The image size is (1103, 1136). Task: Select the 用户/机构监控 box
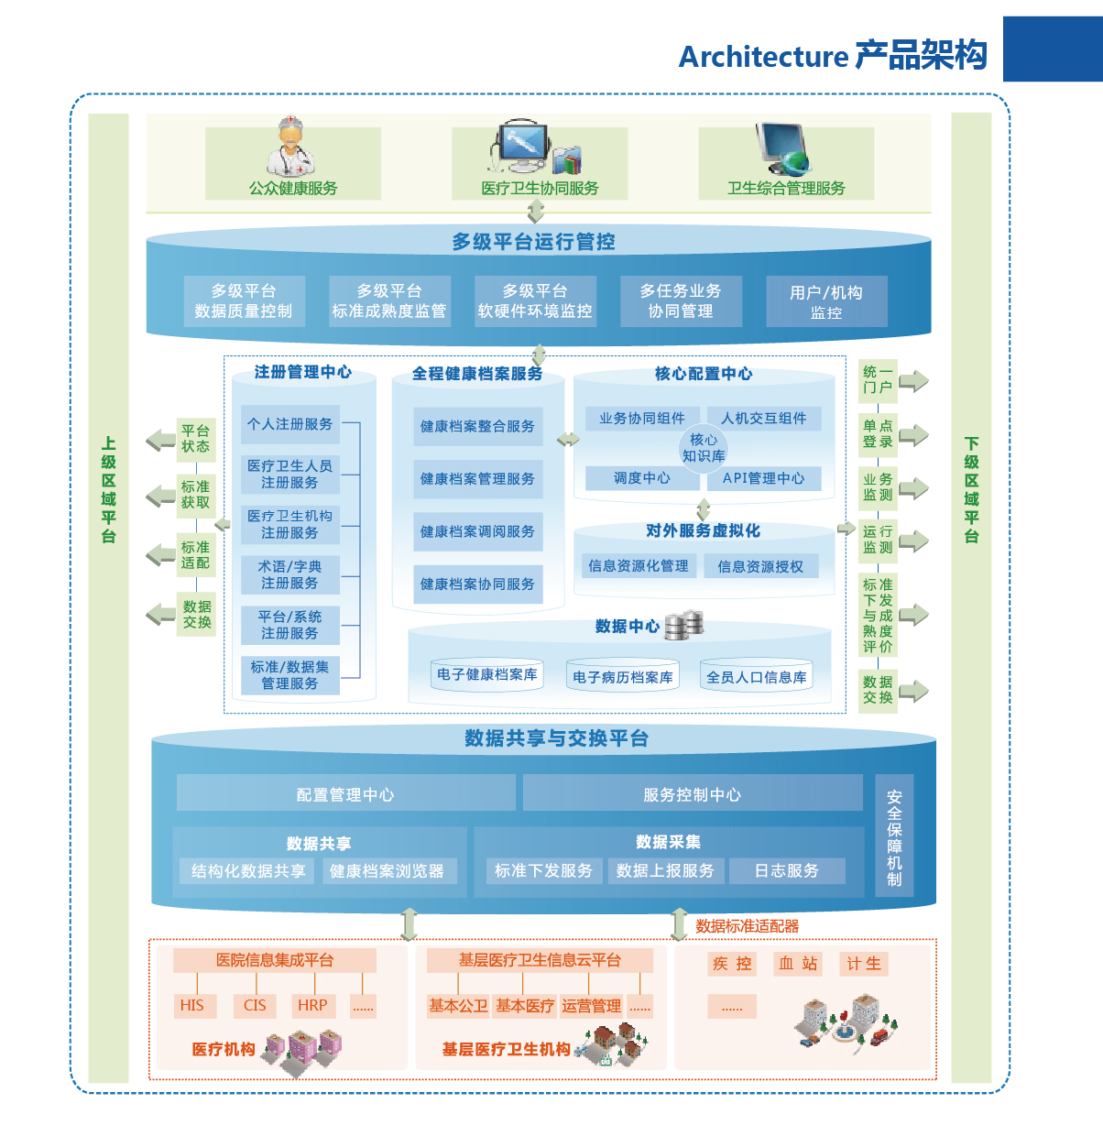tap(826, 301)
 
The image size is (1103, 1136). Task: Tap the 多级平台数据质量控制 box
tap(243, 300)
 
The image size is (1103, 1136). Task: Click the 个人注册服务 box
tap(289, 424)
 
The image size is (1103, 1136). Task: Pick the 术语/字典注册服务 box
tap(289, 574)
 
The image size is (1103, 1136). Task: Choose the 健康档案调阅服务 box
tap(477, 531)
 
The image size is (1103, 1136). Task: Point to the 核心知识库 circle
tap(703, 447)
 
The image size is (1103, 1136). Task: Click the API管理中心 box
tap(763, 478)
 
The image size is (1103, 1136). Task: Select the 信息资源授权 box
tap(759, 566)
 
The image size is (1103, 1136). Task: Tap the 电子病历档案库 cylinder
tap(623, 677)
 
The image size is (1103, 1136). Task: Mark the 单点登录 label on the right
tap(878, 433)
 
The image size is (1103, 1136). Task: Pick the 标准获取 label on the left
tap(195, 495)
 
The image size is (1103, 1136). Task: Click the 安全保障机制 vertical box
tap(894, 838)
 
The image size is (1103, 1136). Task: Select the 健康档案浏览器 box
tap(387, 871)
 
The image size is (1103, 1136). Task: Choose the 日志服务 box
tap(786, 870)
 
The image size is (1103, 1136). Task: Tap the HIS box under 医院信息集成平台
tap(192, 1005)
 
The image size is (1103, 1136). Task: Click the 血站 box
tap(798, 964)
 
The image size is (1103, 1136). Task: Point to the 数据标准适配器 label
tap(747, 926)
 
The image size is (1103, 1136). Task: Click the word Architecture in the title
tap(763, 57)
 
